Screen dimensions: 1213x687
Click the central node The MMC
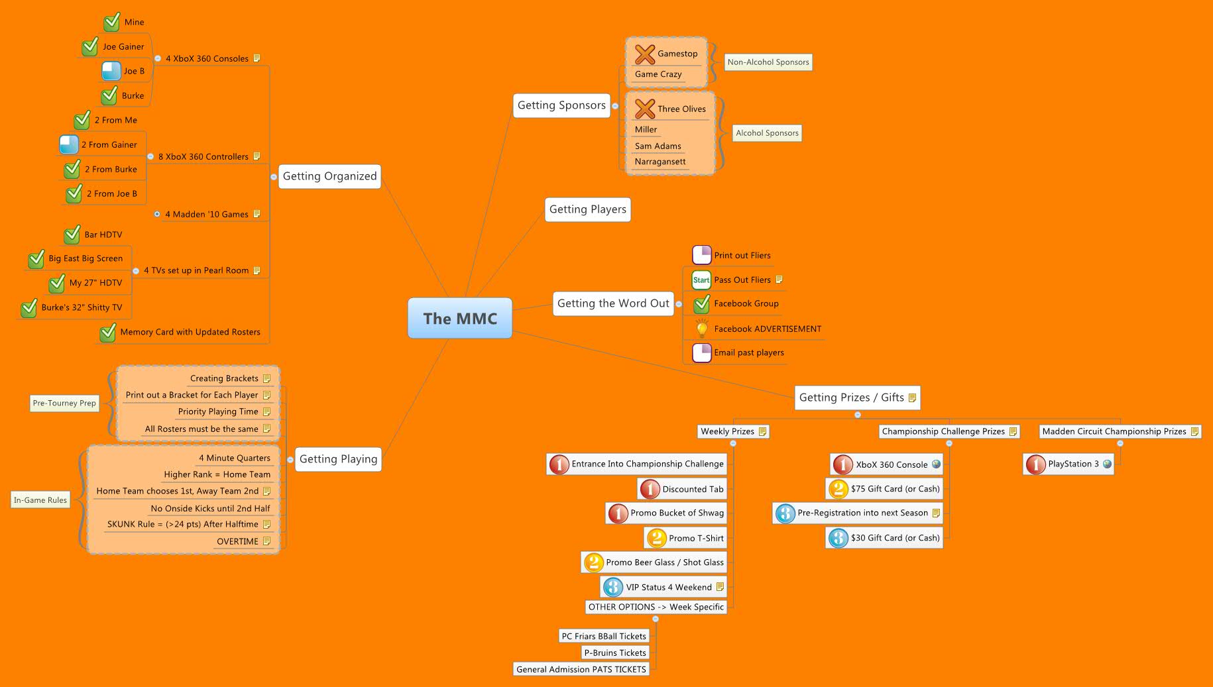pyautogui.click(x=460, y=319)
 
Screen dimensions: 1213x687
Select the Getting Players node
pyautogui.click(x=587, y=209)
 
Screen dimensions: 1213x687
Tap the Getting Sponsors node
pyautogui.click(x=561, y=105)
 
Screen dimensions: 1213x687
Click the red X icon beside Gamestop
pyautogui.click(x=644, y=54)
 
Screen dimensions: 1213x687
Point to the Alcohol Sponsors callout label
pyautogui.click(x=767, y=133)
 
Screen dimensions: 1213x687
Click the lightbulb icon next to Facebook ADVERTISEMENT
pyautogui.click(x=701, y=329)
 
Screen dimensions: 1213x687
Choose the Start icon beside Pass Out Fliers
pyautogui.click(x=701, y=280)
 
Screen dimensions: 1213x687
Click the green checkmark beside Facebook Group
pyautogui.click(x=701, y=304)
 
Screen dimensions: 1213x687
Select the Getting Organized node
pyautogui.click(x=329, y=176)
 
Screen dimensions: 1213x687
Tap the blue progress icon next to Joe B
pyautogui.click(x=111, y=71)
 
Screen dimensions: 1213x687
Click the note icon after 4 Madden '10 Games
pyautogui.click(x=257, y=214)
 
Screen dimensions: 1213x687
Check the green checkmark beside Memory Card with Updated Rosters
pyautogui.click(x=107, y=333)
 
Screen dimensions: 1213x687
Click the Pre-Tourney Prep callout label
pyautogui.click(x=64, y=403)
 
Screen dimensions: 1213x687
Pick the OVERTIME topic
pyautogui.click(x=237, y=541)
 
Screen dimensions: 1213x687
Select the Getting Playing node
pyautogui.click(x=338, y=459)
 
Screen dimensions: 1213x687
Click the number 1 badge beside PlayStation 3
pyautogui.click(x=1035, y=464)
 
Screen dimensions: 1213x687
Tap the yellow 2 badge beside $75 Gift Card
pyautogui.click(x=838, y=490)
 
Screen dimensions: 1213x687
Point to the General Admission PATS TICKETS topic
pyautogui.click(x=581, y=670)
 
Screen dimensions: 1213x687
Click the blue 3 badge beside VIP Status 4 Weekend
pyautogui.click(x=613, y=587)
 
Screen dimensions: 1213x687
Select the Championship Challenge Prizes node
pyautogui.click(x=943, y=431)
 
